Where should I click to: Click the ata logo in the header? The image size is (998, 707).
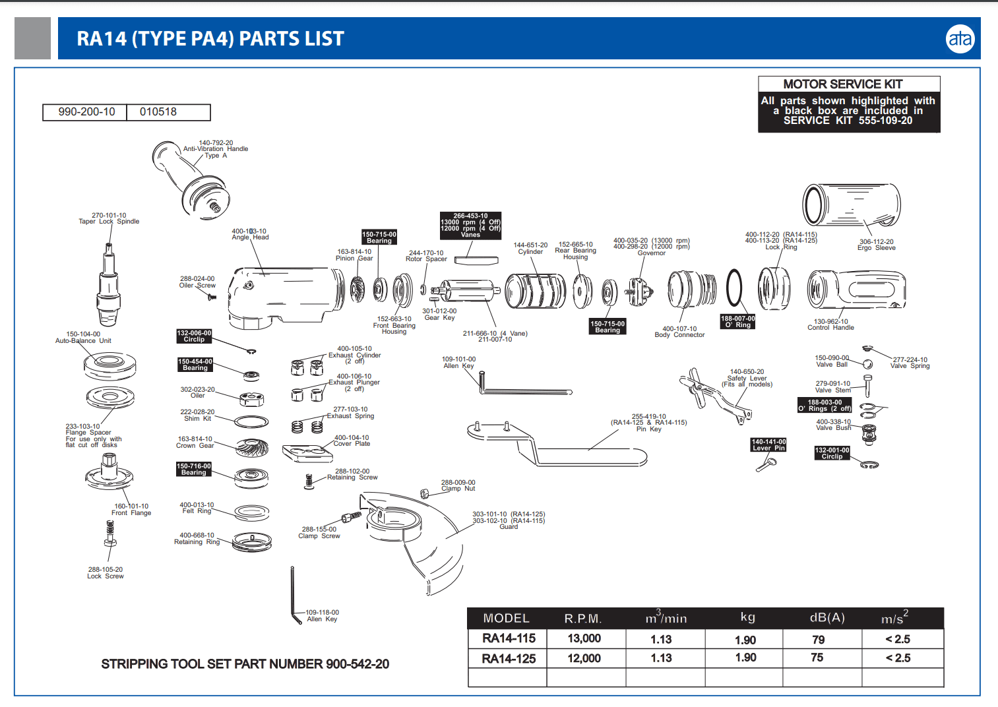[960, 39]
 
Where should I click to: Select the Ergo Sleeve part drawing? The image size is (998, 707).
[851, 205]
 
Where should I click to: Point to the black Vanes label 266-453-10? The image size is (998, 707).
[470, 225]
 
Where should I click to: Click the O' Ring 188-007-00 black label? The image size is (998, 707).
[737, 321]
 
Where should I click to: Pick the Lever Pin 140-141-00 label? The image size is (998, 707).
[768, 445]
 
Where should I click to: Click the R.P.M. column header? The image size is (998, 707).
[583, 619]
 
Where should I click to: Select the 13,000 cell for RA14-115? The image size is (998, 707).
[584, 638]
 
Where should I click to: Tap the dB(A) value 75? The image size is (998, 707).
[817, 658]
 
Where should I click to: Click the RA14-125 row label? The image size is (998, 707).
[509, 658]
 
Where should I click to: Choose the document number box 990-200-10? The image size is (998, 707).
[86, 112]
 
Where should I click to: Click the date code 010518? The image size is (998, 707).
[158, 112]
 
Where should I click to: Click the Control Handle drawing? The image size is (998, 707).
[856, 290]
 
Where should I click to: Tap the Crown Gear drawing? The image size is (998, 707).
[251, 447]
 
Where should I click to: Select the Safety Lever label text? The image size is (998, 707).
[747, 378]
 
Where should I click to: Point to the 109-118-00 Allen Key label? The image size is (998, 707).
[322, 615]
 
